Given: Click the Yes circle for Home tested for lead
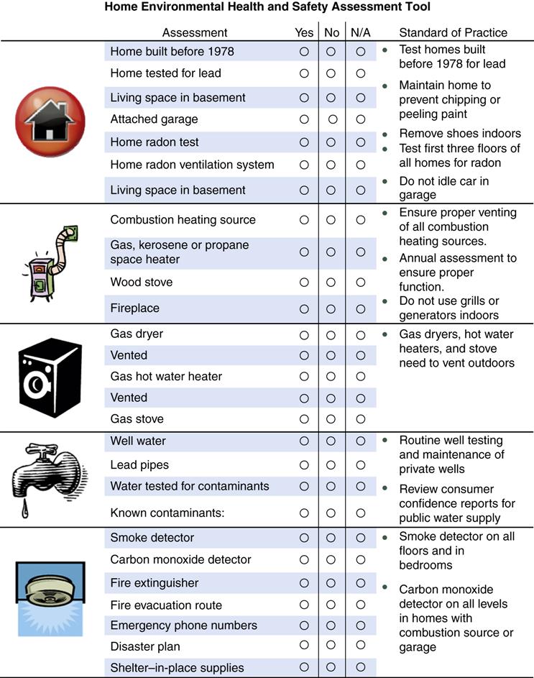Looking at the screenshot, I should (304, 73).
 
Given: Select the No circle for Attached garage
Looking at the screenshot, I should (332, 119).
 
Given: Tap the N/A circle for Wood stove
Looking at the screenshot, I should (360, 283).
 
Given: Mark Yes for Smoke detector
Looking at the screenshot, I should (304, 538).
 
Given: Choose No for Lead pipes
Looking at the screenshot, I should (331, 465).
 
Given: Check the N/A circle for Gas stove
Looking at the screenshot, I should (360, 419).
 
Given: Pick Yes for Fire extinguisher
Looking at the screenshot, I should (304, 582).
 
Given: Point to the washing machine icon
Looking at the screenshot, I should (50, 377).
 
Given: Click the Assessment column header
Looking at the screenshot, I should (194, 32).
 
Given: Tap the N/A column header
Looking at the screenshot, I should (360, 32).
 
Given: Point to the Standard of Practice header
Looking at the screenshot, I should (453, 32).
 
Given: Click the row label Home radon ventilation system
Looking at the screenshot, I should (192, 165).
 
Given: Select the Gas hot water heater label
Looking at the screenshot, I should (166, 376).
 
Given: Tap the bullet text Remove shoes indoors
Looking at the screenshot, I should (460, 134).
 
